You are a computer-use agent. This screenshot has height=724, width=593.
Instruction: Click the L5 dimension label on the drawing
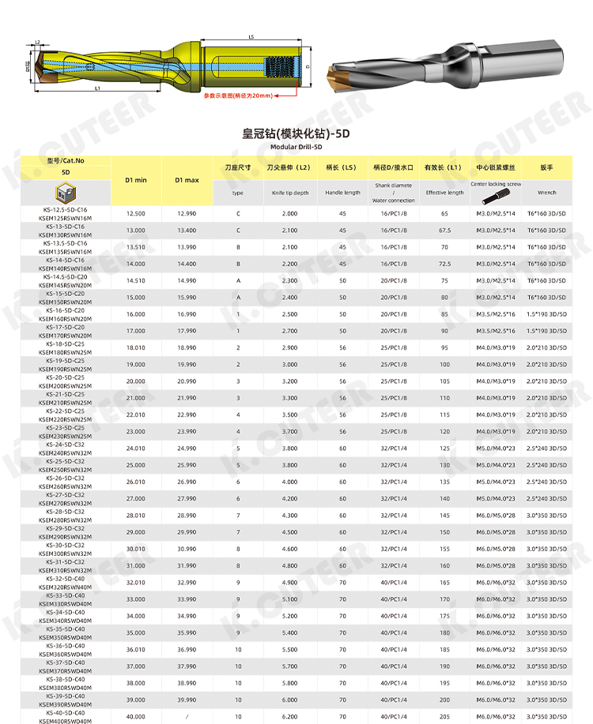click(251, 36)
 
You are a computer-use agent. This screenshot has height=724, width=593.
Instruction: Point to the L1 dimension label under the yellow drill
click(97, 89)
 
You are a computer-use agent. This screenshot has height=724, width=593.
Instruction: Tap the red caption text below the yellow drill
click(237, 96)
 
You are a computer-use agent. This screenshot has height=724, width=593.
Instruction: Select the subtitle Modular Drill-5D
click(296, 147)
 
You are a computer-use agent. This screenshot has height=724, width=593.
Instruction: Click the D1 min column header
click(136, 180)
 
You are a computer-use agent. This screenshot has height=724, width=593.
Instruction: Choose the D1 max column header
click(186, 180)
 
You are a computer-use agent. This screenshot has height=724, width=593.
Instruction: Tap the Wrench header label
click(546, 192)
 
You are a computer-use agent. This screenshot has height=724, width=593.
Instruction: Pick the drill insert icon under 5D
click(66, 193)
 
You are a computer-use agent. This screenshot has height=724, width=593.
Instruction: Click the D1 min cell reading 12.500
click(136, 214)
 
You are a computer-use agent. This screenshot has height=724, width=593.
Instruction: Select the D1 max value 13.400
click(186, 231)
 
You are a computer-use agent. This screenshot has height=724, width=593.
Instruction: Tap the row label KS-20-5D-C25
click(66, 377)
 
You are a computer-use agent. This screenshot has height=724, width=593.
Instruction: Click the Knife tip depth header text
click(289, 193)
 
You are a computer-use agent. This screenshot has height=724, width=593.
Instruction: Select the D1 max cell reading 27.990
click(186, 499)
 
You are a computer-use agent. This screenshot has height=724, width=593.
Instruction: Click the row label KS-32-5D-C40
click(66, 579)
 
